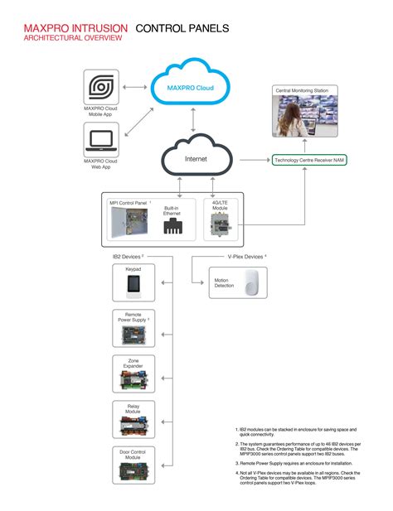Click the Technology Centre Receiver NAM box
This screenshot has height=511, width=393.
310,159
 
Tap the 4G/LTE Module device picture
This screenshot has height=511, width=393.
220,224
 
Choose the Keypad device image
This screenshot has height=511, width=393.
133,287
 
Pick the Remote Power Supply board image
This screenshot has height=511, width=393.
133,335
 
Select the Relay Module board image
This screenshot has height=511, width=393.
133,426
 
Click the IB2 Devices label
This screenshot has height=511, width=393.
128,258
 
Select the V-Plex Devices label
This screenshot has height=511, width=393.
246,258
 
